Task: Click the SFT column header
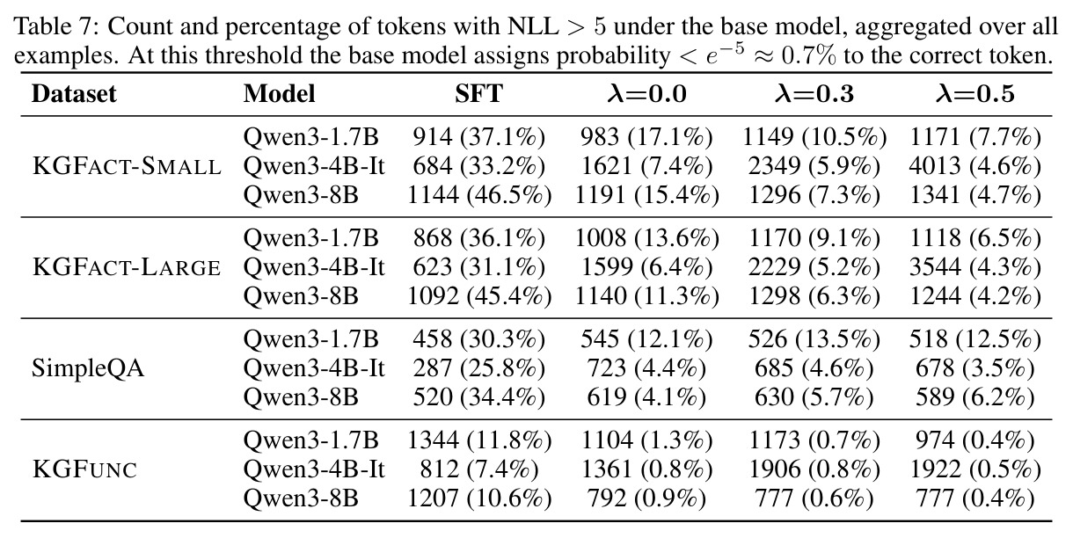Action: click(x=478, y=93)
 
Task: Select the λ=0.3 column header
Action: click(x=814, y=93)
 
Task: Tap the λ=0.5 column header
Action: click(x=974, y=93)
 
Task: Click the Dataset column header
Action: click(x=74, y=93)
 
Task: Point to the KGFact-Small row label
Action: click(x=127, y=166)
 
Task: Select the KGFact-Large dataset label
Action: click(x=127, y=267)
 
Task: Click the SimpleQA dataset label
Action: click(x=88, y=368)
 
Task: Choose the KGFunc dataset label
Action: click(x=84, y=469)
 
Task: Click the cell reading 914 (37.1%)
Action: click(x=479, y=137)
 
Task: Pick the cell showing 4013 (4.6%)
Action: click(x=974, y=166)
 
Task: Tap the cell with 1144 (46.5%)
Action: click(x=479, y=195)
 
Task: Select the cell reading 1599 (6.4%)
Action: click(x=646, y=267)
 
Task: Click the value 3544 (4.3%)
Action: click(x=974, y=267)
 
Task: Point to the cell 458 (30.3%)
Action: click(x=479, y=339)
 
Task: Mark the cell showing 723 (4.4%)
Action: click(x=646, y=368)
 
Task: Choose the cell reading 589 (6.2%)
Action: click(x=974, y=397)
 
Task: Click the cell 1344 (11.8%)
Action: click(x=479, y=440)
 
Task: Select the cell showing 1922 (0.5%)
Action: click(x=974, y=469)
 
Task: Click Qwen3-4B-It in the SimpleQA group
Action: click(x=314, y=368)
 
